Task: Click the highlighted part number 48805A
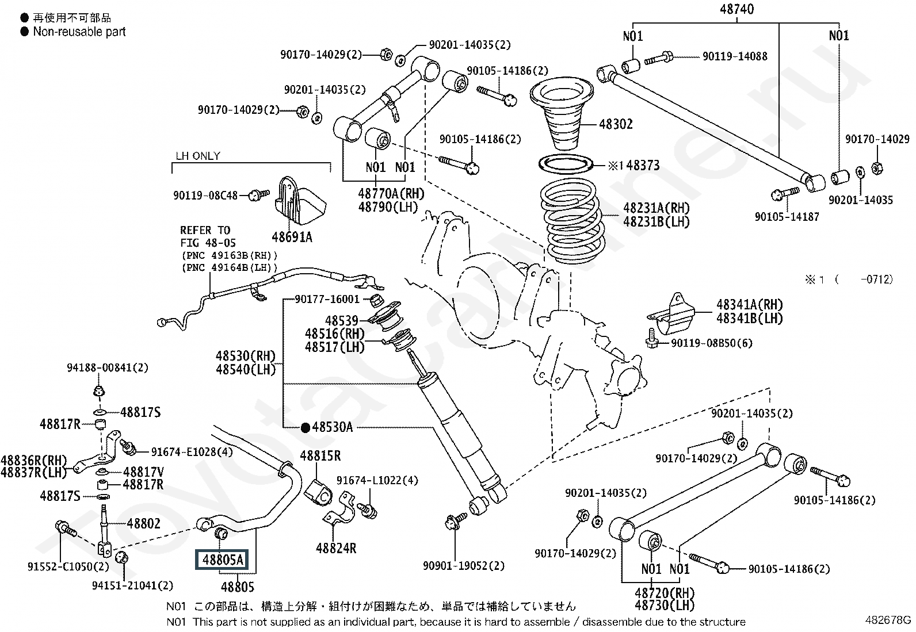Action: pos(222,559)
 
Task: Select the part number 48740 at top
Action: pos(736,9)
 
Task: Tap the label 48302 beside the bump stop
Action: pos(616,124)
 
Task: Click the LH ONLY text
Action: pos(197,156)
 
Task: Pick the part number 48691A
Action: pos(292,237)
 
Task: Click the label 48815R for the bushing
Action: pos(320,456)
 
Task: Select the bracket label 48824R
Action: pos(336,548)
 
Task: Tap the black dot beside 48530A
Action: pos(306,427)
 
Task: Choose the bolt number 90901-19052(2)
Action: pos(464,566)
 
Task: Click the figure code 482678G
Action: pos(888,620)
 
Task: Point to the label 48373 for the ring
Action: pos(643,166)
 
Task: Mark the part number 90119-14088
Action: pos(735,56)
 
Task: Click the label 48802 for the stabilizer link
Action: pos(143,523)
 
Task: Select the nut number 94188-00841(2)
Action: pos(107,367)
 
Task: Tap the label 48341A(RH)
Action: pos(749,305)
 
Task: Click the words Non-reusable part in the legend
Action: pos(79,32)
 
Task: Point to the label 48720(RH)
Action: pos(665,593)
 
